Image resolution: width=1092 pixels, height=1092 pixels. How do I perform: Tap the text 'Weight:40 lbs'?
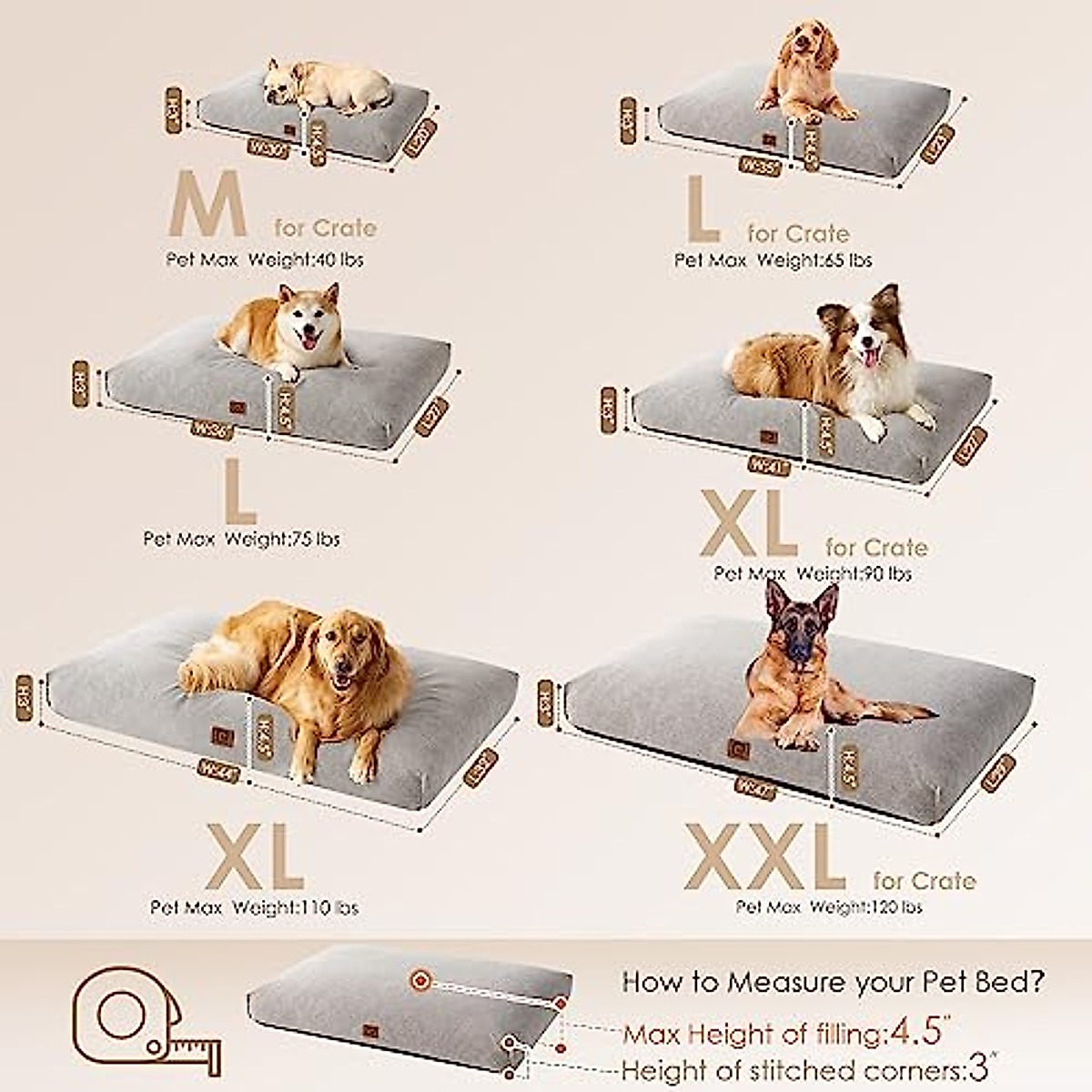305,260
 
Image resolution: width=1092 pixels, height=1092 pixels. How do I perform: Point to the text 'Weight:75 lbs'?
281,539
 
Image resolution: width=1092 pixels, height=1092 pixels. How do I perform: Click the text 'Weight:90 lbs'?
853,573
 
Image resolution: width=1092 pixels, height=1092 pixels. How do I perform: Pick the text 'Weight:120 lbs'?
865,907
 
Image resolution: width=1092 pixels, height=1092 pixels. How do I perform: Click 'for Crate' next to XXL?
924,881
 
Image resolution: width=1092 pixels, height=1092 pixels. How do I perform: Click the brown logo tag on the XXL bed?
738,750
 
